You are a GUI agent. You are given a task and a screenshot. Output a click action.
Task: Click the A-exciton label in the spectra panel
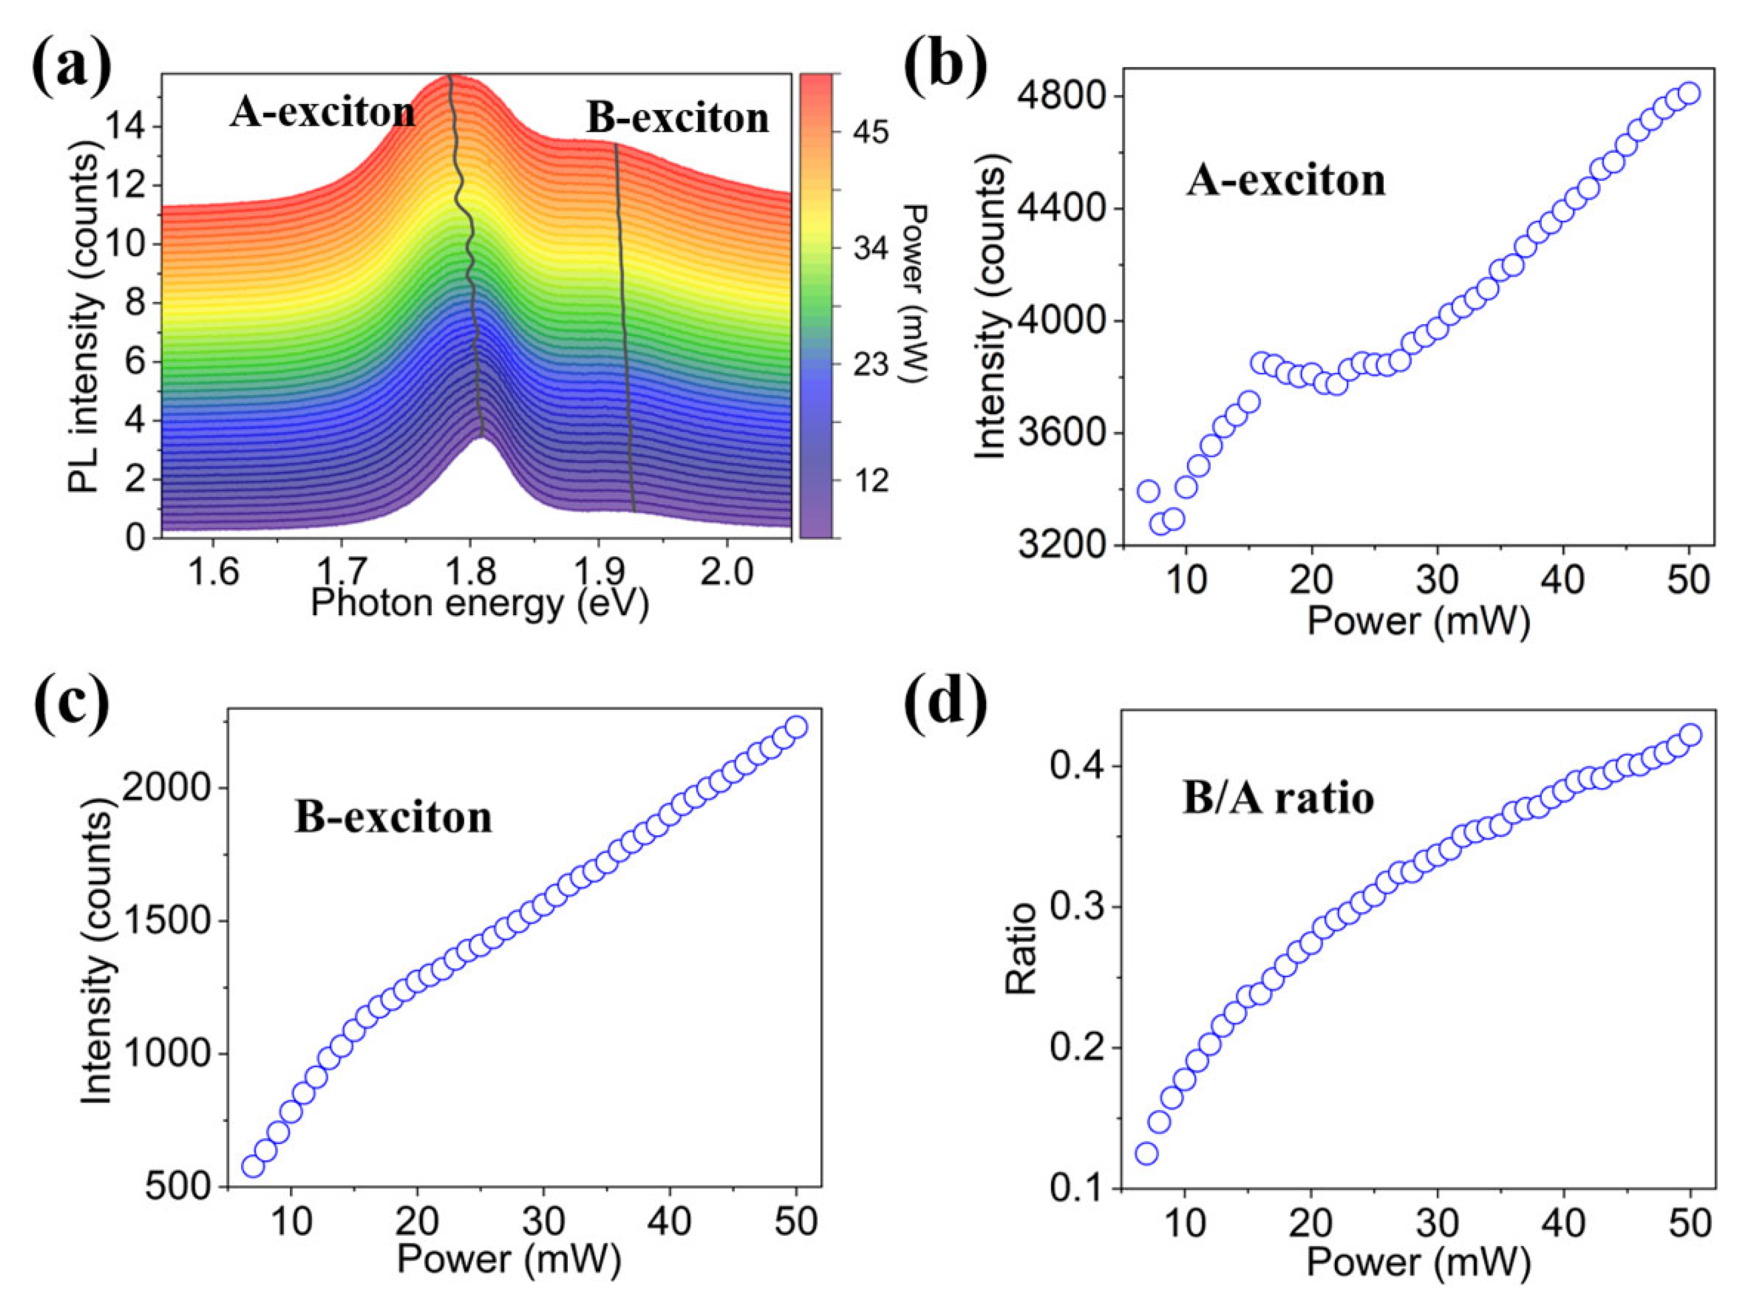(x=322, y=113)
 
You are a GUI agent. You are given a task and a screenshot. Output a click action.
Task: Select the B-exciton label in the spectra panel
(x=678, y=119)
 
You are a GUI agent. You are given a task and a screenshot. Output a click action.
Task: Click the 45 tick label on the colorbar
(x=870, y=133)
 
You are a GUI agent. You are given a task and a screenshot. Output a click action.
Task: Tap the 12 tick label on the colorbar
(x=870, y=480)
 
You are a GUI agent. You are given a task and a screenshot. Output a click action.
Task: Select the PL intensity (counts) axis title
(x=85, y=322)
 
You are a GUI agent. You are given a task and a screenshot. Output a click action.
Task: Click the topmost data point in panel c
(x=796, y=727)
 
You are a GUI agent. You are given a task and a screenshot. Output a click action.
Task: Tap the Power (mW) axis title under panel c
(x=509, y=1258)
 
